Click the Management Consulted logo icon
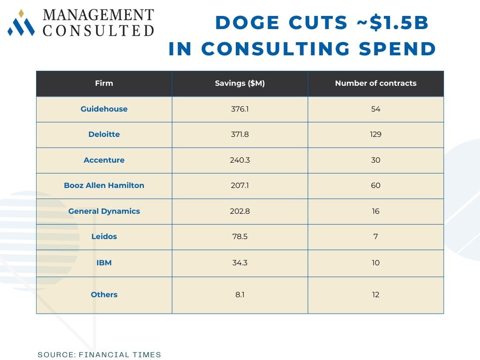[x=21, y=23]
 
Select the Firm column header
[x=104, y=83]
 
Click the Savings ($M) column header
[x=240, y=83]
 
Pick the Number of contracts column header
[x=375, y=83]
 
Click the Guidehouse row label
[x=104, y=109]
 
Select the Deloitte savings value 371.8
[x=240, y=135]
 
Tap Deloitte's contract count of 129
[x=375, y=135]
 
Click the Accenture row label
[x=104, y=160]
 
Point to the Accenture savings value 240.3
[x=240, y=160]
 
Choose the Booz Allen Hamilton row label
[x=104, y=186]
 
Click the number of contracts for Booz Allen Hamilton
[x=375, y=186]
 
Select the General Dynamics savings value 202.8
[x=240, y=211]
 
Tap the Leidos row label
[x=104, y=237]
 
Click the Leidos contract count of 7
[x=375, y=237]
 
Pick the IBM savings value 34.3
[x=240, y=263]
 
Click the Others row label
[x=104, y=295]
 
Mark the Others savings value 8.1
[x=240, y=295]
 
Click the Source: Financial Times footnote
[x=99, y=355]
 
